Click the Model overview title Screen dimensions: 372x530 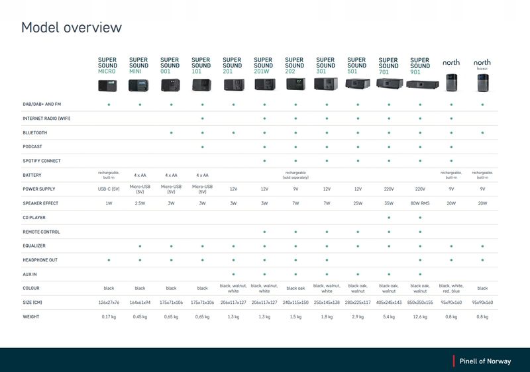click(x=72, y=27)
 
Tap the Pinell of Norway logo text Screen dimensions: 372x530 click(x=487, y=361)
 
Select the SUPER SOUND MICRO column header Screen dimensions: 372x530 click(x=107, y=66)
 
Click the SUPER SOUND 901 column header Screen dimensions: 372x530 click(x=420, y=66)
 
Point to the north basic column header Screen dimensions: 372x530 click(x=482, y=65)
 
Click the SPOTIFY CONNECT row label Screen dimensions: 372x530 click(x=42, y=161)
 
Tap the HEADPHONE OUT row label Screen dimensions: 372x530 click(x=40, y=260)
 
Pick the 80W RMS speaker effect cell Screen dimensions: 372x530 click(x=420, y=203)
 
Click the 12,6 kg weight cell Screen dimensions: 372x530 click(x=420, y=317)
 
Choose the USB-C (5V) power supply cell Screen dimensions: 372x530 click(x=109, y=189)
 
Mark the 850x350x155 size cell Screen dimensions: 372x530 click(x=420, y=302)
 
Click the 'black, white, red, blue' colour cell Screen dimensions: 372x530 click(x=451, y=288)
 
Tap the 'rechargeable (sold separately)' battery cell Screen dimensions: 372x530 click(x=295, y=175)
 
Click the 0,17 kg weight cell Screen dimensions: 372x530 click(x=109, y=317)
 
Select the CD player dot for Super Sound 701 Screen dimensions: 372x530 click(x=389, y=217)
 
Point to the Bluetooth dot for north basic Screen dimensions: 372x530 click(x=482, y=132)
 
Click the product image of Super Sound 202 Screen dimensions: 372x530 click(x=295, y=84)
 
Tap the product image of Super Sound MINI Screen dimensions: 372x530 click(x=139, y=85)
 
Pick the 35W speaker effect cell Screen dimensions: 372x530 click(x=389, y=203)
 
